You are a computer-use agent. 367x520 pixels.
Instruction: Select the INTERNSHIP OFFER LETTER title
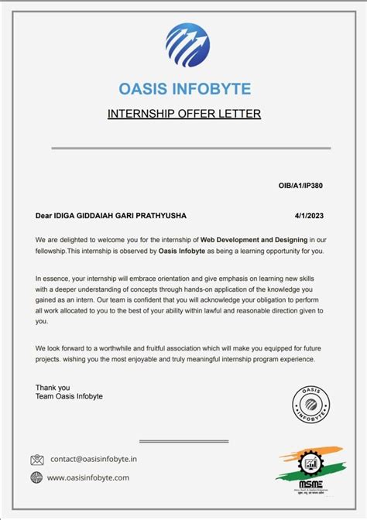point(184,115)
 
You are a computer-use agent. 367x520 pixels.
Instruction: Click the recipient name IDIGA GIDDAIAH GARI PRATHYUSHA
point(120,215)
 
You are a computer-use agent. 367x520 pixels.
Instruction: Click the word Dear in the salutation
point(44,215)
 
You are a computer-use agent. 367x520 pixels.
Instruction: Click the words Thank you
point(53,387)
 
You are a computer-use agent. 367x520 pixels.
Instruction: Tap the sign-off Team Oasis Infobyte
point(69,396)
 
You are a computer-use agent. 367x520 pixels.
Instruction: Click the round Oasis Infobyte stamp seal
point(310,405)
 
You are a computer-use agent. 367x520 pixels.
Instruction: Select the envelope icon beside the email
point(37,460)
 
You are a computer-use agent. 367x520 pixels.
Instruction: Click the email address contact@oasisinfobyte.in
point(93,459)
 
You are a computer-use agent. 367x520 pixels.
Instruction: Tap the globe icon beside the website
point(36,477)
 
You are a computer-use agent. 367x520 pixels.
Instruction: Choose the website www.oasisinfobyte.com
point(88,477)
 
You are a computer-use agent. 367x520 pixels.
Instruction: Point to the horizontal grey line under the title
point(190,148)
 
